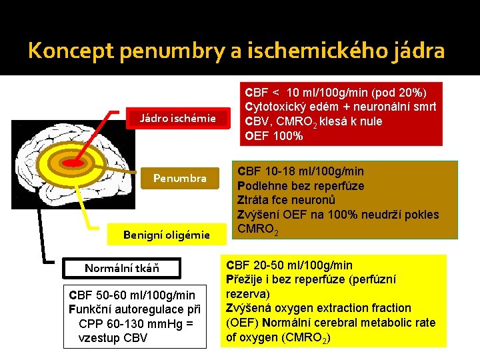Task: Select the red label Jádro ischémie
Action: point(177,119)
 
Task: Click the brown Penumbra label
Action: point(180,178)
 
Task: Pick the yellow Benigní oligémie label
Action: point(167,234)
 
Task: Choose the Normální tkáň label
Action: point(122,269)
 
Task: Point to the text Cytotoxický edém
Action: point(290,107)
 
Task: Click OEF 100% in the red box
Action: point(274,136)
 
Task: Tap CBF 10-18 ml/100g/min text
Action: point(301,171)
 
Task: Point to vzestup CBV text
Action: point(113,337)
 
